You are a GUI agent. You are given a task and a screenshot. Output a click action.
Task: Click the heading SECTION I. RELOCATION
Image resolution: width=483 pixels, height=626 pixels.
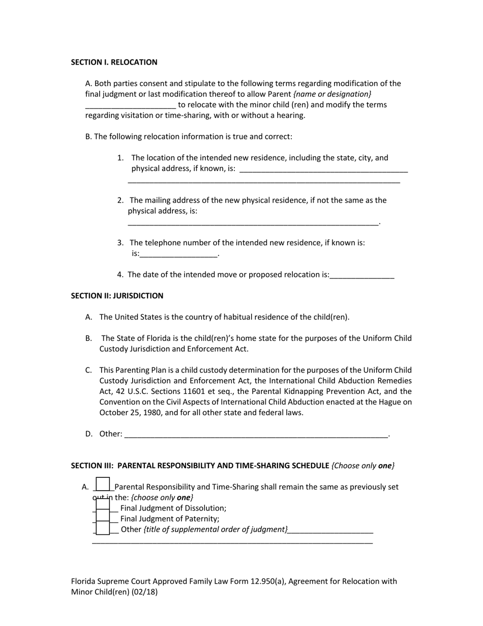114,62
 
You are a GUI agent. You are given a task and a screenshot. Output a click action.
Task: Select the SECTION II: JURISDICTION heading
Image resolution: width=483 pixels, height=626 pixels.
117,296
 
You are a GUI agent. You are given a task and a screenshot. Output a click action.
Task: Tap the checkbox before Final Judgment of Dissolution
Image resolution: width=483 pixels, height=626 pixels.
103,508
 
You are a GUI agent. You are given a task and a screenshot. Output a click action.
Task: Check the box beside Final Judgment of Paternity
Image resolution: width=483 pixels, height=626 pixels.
103,519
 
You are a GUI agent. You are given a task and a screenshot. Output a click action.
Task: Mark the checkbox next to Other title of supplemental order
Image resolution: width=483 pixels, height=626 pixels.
103,529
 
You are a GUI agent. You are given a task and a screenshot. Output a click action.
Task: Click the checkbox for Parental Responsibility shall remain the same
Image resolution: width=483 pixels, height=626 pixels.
103,485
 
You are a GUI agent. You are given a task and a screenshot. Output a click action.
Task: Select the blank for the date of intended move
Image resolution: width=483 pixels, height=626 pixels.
362,275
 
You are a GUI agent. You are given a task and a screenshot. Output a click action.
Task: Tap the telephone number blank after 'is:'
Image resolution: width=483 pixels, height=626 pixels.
178,254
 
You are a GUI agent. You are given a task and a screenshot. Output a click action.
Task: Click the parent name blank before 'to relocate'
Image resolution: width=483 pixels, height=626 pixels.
131,105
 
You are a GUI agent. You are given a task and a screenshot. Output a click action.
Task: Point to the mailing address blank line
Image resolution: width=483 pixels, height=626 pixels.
253,222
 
